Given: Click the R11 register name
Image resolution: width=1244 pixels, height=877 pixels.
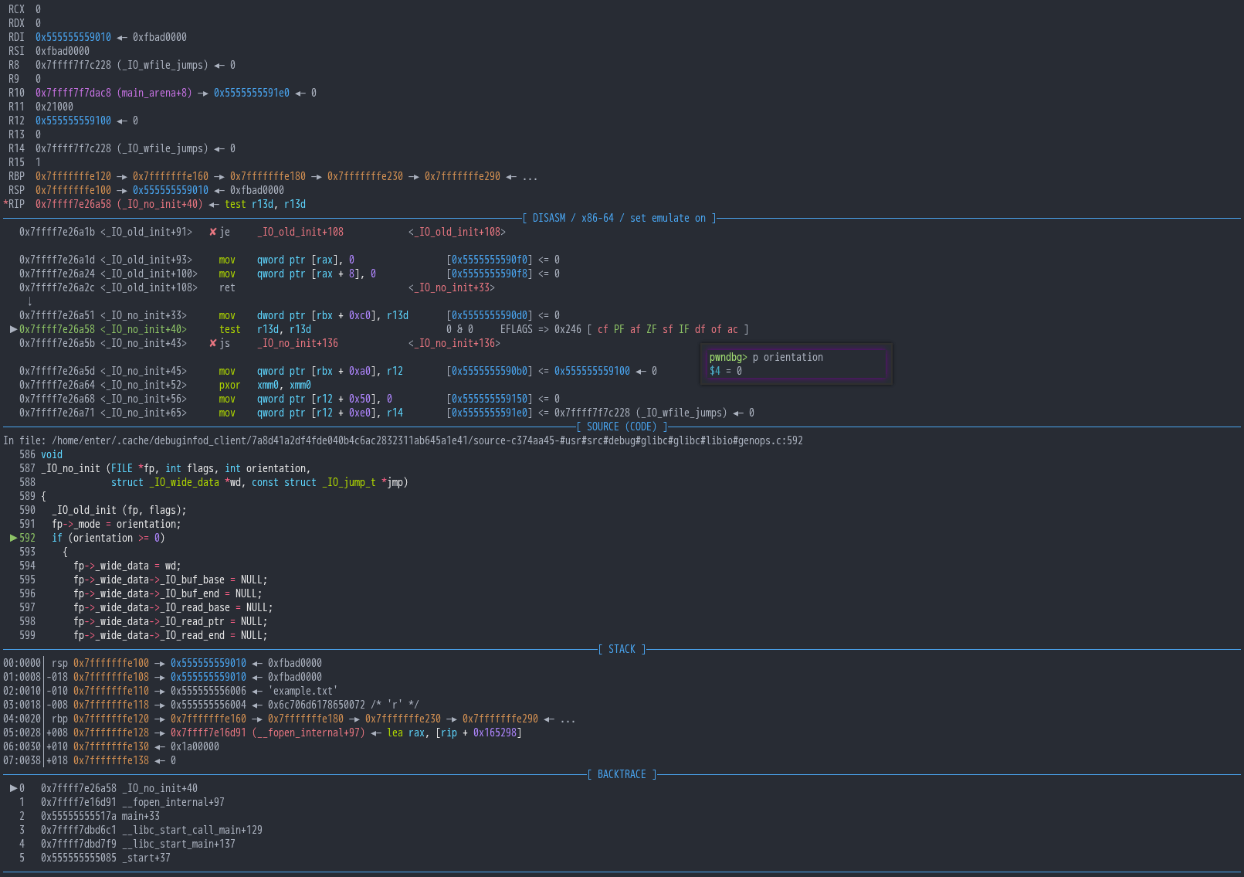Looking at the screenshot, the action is (16, 107).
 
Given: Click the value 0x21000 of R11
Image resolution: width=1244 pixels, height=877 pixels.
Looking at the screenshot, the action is (54, 107).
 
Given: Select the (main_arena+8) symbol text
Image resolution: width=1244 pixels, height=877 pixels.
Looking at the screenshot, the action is (154, 93).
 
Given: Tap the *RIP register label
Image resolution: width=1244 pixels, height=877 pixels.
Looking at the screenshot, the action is (14, 204).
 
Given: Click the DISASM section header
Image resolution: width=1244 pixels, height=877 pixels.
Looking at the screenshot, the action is (619, 218).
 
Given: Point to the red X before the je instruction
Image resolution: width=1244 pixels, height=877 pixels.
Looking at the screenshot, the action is (212, 232).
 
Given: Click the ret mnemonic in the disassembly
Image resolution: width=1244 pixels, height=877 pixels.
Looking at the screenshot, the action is (227, 287).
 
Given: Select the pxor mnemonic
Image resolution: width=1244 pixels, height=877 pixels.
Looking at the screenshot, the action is (230, 385).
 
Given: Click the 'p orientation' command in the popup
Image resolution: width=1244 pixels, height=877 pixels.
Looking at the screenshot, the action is (788, 357).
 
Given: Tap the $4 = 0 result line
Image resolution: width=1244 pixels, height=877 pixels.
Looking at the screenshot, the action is (725, 371).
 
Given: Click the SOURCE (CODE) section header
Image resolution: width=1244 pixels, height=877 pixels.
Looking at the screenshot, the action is (622, 427).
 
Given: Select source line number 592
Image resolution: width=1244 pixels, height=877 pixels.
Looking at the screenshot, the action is (27, 538).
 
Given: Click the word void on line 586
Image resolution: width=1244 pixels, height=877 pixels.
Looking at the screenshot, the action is (52, 454).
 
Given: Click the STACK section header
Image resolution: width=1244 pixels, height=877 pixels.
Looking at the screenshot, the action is (622, 649).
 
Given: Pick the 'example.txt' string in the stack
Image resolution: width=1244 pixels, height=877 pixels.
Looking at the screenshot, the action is (303, 691).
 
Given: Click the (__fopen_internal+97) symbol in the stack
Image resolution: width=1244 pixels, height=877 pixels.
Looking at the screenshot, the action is (308, 733).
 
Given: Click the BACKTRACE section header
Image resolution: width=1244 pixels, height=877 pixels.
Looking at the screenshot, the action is (622, 774).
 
